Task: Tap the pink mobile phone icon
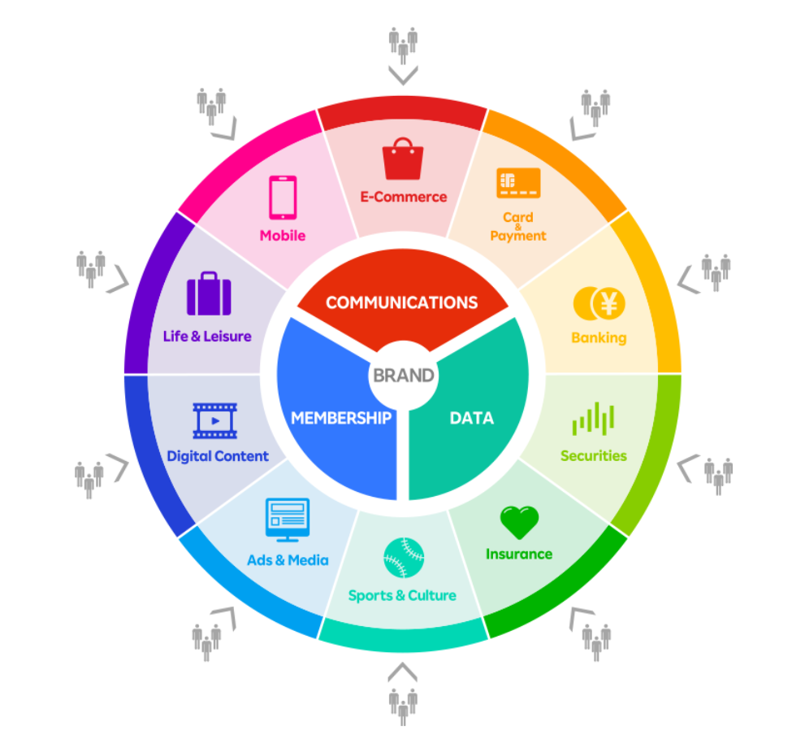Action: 283,198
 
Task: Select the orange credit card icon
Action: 518,183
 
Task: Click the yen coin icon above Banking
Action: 599,304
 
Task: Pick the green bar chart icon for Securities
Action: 593,418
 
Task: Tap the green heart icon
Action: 519,522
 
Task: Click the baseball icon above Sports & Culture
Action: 403,558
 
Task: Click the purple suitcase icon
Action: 209,294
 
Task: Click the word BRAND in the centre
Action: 403,376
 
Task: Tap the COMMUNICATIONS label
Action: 402,302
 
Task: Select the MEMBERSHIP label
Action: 341,418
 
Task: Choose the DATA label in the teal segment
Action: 471,418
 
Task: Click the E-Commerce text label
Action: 404,197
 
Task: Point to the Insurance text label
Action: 519,554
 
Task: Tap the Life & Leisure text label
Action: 207,336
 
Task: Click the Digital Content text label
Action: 218,456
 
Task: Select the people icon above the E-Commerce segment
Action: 403,45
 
